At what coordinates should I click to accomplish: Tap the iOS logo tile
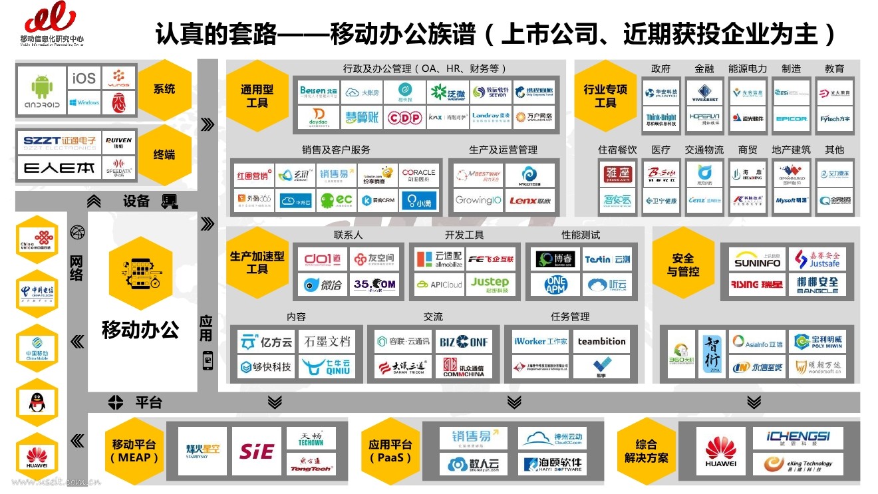[84, 78]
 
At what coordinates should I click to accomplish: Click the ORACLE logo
[418, 175]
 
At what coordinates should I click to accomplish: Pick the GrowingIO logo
[478, 199]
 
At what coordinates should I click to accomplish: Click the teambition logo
[601, 342]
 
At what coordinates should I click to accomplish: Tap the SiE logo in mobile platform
[256, 451]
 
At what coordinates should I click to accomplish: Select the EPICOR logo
[791, 118]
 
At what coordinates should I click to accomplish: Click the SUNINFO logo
[757, 261]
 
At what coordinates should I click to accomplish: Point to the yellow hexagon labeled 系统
[164, 88]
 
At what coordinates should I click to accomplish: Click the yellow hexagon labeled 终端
[164, 154]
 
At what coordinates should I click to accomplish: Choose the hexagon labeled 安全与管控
[683, 264]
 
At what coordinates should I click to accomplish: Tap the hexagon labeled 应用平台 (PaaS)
[390, 451]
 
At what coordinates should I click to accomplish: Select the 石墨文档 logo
[327, 342]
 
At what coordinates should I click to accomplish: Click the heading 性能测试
[581, 235]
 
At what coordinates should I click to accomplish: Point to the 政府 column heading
[661, 69]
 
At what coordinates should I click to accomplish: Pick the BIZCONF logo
[464, 342]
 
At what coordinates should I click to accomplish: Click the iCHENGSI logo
[798, 437]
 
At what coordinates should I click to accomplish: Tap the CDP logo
[404, 118]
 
